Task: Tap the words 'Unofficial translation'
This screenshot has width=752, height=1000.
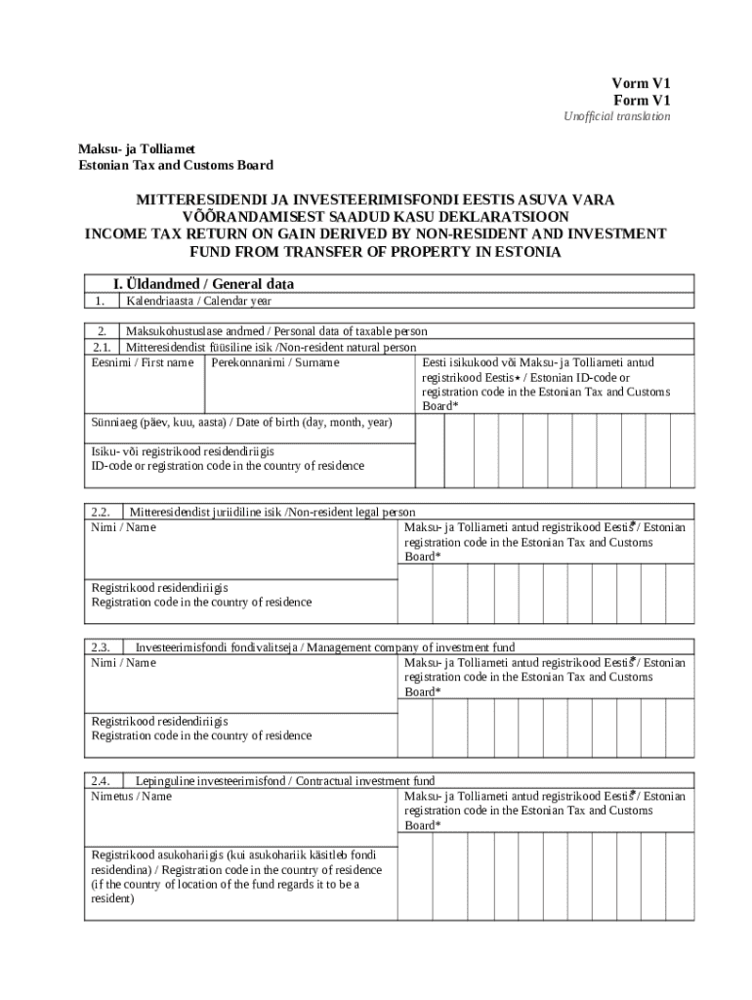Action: [616, 117]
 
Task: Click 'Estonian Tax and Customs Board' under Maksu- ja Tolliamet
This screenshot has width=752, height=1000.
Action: [176, 165]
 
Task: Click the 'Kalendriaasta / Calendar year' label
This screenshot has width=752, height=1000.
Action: [198, 301]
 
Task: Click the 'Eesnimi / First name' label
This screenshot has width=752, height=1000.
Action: [142, 362]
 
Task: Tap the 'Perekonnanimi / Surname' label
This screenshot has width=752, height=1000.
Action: [275, 362]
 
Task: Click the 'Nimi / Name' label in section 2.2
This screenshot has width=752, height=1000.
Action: [123, 527]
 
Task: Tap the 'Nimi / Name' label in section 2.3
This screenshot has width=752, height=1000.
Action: [123, 663]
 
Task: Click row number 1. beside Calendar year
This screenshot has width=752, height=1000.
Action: [99, 301]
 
